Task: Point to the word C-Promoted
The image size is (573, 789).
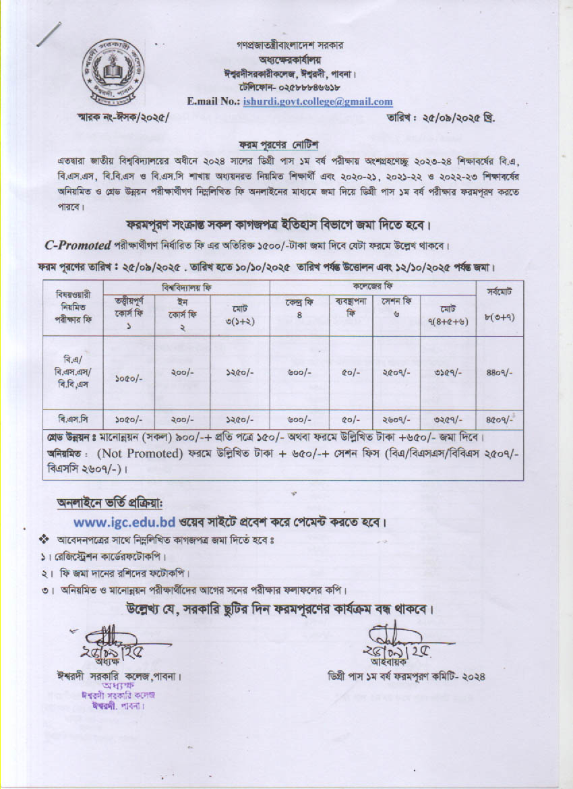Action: pyautogui.click(x=78, y=244)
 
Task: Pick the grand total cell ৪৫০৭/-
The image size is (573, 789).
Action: pyautogui.click(x=500, y=419)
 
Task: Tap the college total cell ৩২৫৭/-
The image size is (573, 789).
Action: pyautogui.click(x=445, y=419)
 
